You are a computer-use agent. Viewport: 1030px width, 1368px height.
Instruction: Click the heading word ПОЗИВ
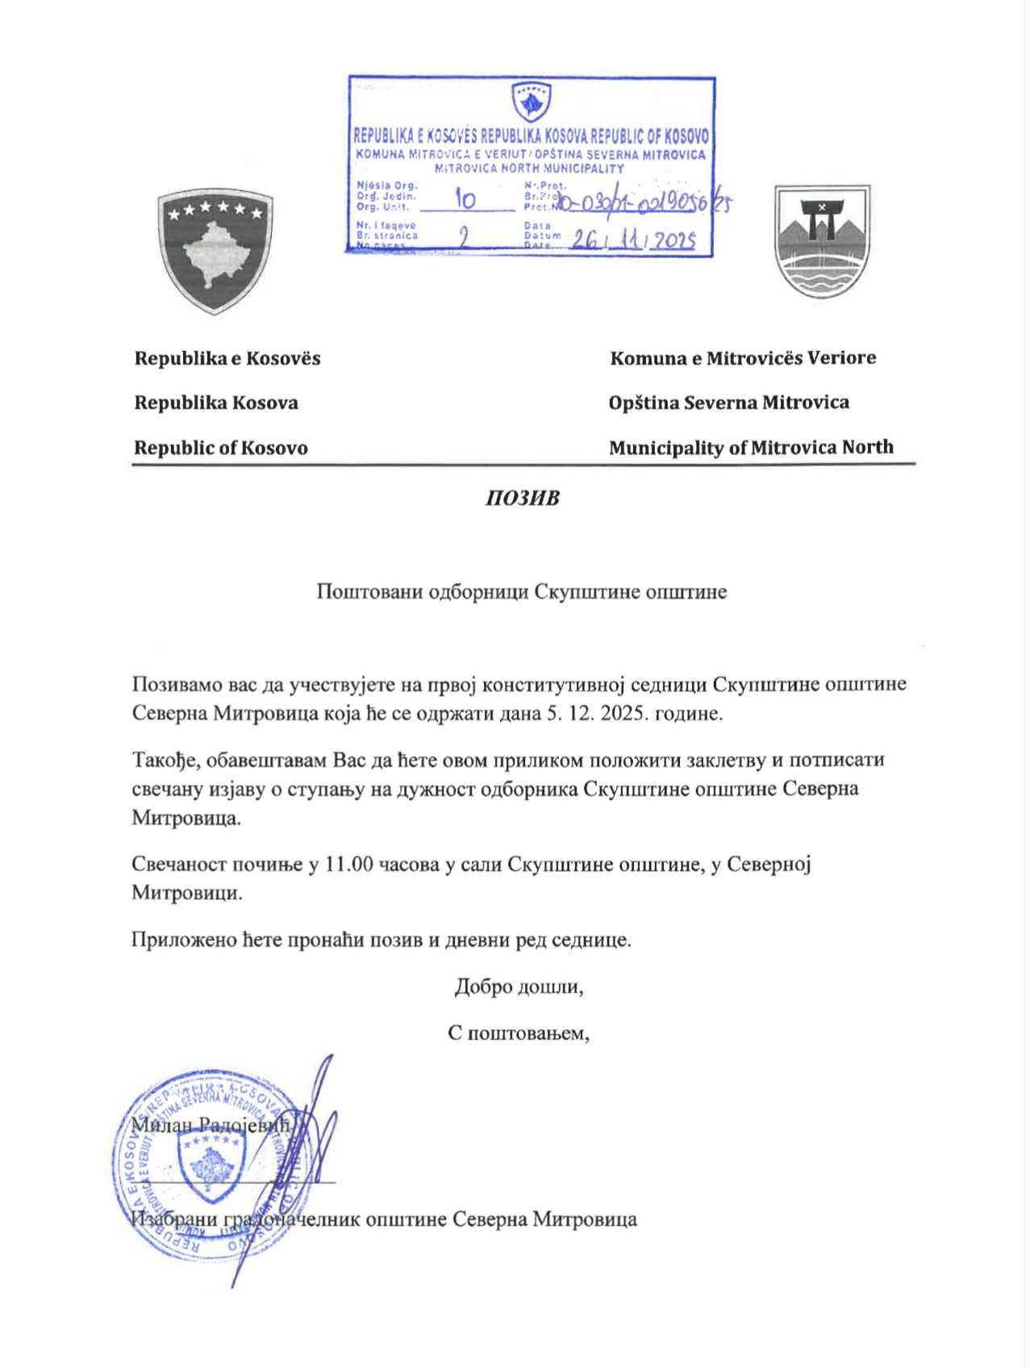522,498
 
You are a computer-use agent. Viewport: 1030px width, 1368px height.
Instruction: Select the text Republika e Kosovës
227,358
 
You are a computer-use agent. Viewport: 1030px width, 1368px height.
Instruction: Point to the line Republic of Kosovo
220,448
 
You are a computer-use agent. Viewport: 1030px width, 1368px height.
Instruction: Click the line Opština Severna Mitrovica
728,402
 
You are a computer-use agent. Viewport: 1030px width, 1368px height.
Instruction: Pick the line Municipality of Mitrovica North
750,448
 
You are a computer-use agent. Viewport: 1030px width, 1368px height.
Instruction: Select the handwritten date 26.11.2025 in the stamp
633,240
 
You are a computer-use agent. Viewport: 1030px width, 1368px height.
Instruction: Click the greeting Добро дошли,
519,986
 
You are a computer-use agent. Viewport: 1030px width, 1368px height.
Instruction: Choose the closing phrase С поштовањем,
519,1033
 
